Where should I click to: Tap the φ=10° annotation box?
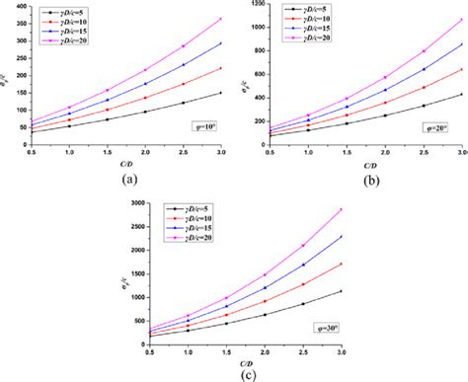205,126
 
